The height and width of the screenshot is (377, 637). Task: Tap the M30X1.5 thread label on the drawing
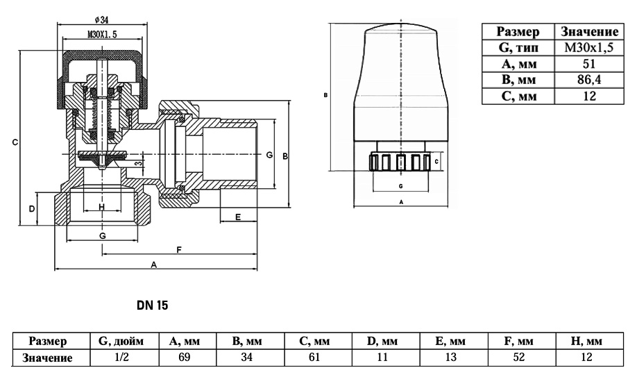pos(102,33)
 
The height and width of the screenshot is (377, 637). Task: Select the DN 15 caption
pos(153,304)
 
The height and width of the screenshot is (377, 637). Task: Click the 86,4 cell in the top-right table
pos(588,81)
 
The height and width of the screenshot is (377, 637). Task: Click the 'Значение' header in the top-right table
pos(588,31)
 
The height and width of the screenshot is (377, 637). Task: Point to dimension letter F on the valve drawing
pos(179,250)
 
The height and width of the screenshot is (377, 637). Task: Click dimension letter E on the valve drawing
pos(237,217)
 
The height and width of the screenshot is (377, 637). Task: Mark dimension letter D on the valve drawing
pos(32,208)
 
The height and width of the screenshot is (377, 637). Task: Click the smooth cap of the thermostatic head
pos(401,76)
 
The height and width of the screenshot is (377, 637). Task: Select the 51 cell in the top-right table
pos(588,64)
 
